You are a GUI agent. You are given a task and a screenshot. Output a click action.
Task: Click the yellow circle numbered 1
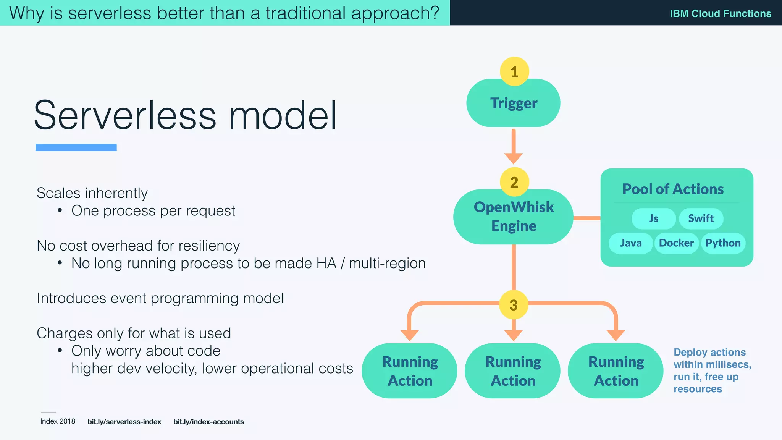coord(514,71)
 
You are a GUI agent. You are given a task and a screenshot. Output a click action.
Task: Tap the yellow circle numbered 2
coord(514,182)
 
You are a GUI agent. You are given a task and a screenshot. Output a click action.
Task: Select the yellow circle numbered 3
coord(514,305)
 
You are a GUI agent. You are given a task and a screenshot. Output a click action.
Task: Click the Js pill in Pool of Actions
coord(653,218)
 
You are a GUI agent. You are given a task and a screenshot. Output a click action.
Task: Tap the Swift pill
coord(701,218)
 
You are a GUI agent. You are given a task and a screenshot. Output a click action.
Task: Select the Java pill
coord(631,243)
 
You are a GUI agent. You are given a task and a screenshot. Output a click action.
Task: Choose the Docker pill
coord(676,243)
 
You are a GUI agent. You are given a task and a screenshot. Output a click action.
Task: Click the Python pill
coord(723,243)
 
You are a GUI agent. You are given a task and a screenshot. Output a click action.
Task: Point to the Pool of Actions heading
coord(673,189)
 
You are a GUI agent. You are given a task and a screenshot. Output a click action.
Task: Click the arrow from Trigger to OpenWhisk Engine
coord(514,147)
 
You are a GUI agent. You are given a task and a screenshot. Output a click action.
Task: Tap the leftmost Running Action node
coord(410,371)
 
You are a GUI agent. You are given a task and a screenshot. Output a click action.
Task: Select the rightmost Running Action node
coord(616,371)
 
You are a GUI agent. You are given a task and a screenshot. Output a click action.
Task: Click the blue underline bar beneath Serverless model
coord(76,147)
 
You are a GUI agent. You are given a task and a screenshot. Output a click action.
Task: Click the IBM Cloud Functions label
coord(720,13)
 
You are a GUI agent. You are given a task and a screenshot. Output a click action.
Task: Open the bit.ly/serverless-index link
coord(124,422)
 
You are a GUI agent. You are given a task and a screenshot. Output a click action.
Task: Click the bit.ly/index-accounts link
coord(208,422)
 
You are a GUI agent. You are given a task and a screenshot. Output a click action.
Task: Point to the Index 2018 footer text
coord(58,421)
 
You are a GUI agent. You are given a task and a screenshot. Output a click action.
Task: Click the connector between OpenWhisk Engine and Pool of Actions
coord(587,218)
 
